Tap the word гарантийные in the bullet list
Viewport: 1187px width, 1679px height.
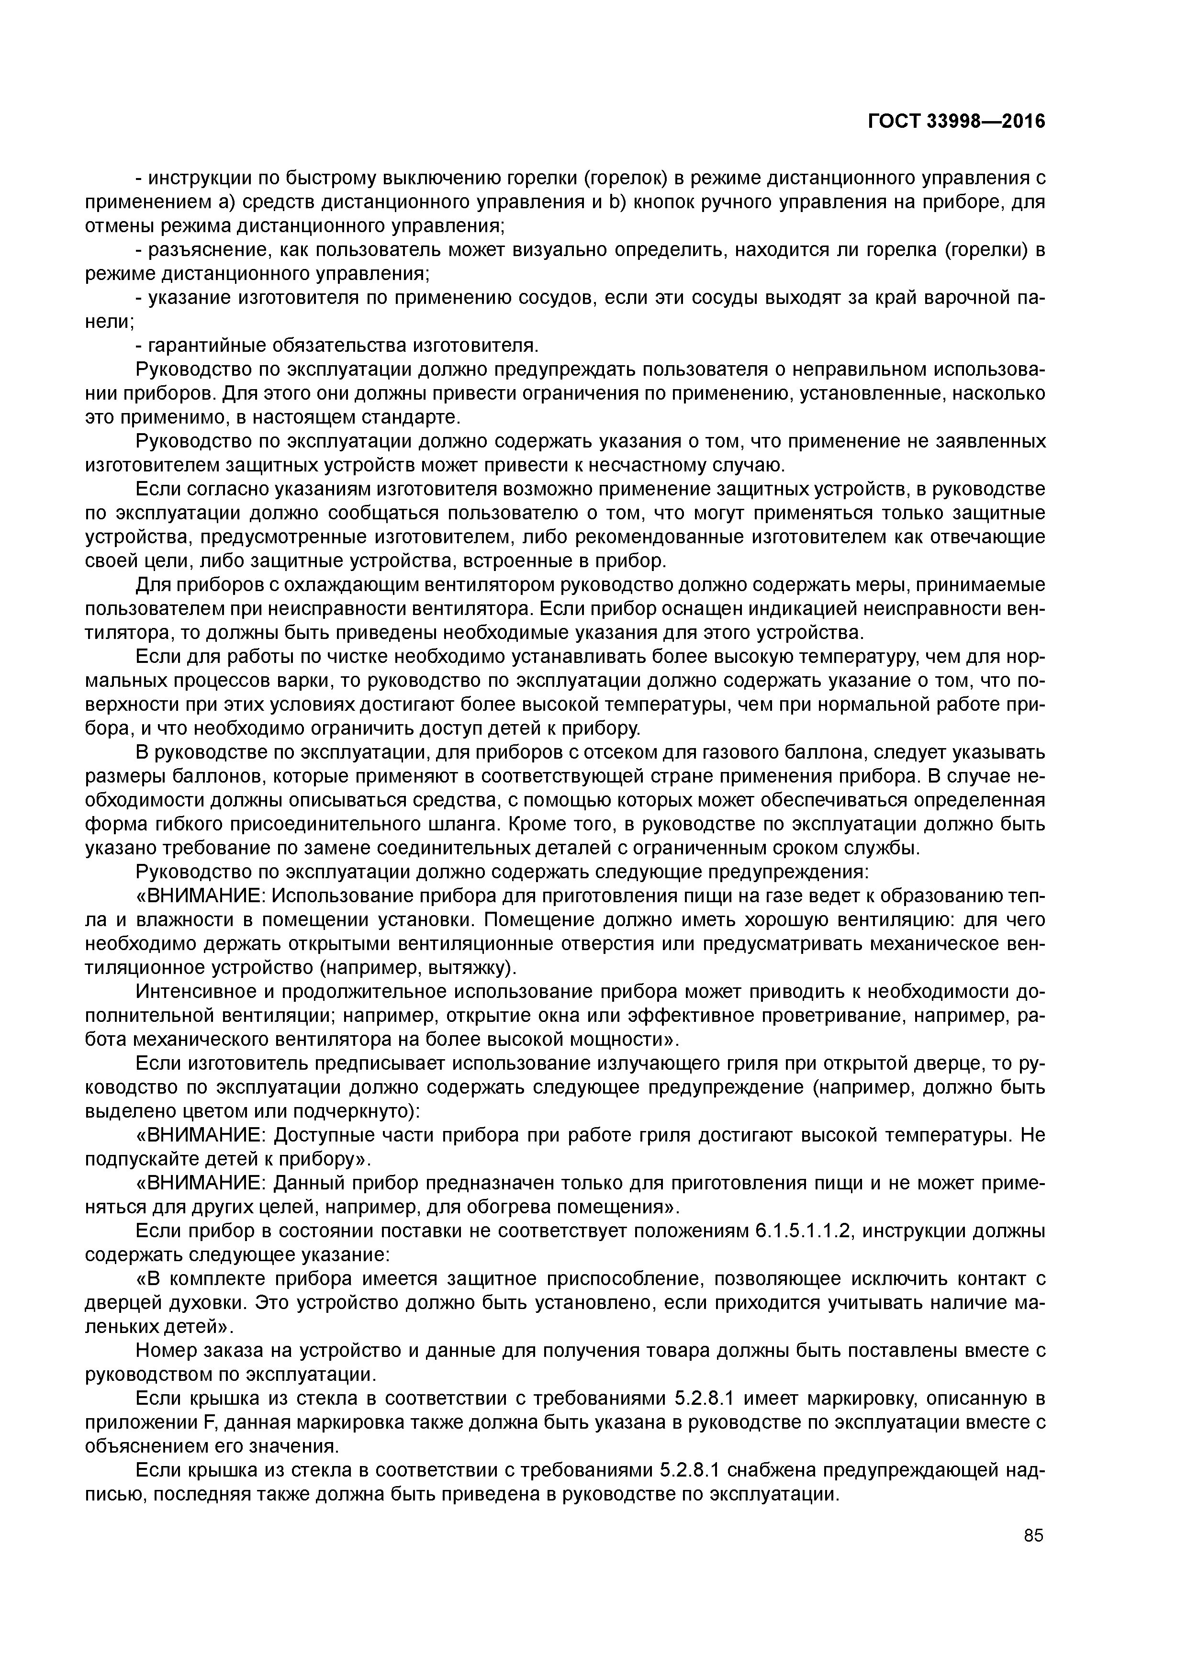[207, 345]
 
